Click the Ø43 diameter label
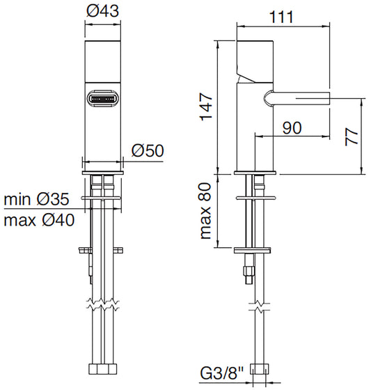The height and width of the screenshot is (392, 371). (x=103, y=11)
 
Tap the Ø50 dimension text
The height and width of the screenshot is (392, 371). (x=148, y=150)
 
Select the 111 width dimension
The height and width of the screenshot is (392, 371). (x=281, y=17)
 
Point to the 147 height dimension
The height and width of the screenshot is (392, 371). (x=207, y=107)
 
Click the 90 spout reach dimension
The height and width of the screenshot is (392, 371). (x=292, y=127)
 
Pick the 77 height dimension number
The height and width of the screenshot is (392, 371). (x=352, y=136)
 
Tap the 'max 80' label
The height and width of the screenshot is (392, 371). (x=206, y=211)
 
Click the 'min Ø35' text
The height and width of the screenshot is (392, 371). (x=36, y=199)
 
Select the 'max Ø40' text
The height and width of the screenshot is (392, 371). (x=39, y=220)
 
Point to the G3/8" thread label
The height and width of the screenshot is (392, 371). (x=222, y=373)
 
